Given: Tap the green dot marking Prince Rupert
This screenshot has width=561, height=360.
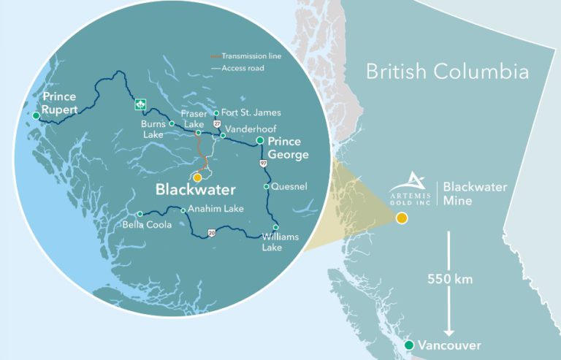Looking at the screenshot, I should pos(36,115).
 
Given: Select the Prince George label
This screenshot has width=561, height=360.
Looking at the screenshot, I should pos(288,148).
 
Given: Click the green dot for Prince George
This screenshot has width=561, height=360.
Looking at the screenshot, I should pos(259,140).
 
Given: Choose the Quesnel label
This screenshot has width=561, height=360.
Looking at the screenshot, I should pos(289,186).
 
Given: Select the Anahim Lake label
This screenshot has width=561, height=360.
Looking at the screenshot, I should pos(212,208).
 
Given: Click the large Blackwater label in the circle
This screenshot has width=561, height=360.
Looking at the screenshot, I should pos(196,190).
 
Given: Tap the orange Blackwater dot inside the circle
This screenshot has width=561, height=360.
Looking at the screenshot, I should pos(198,177).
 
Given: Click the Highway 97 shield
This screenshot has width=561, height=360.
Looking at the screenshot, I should pos(262,164).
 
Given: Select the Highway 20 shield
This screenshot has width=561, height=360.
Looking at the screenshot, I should pos(211,233).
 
